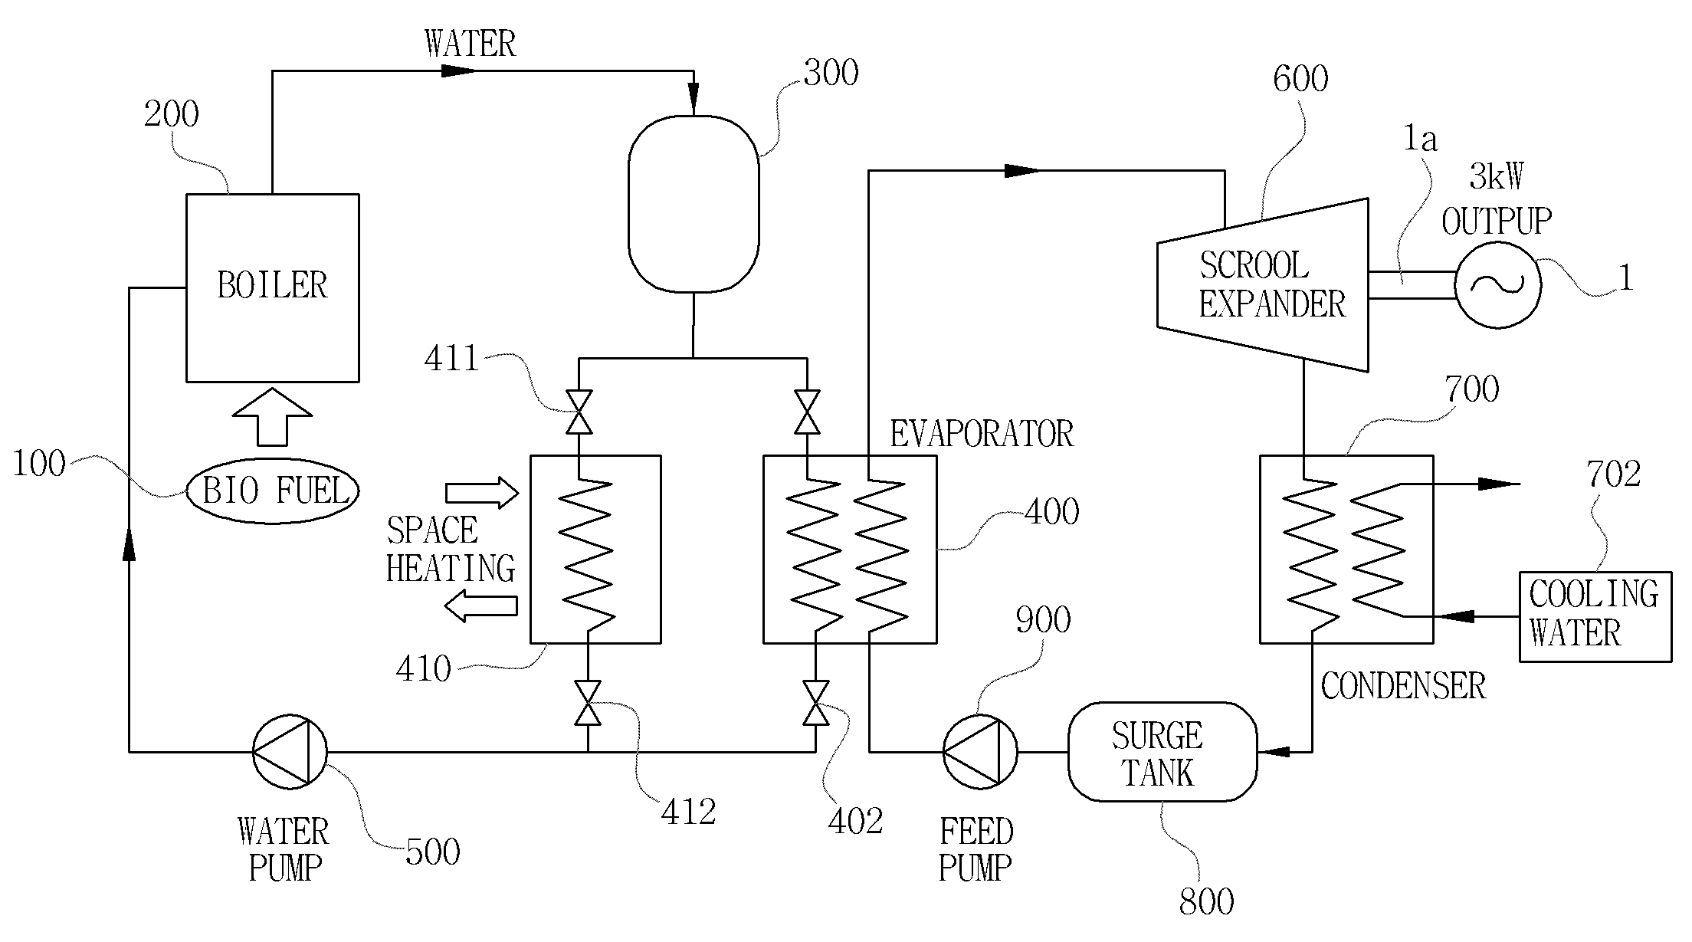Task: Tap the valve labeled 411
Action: (x=579, y=412)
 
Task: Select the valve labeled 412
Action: (x=588, y=703)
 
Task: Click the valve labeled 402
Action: (x=815, y=703)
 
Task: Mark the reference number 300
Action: (x=831, y=73)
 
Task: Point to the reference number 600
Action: (x=1300, y=79)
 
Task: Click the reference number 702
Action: (x=1614, y=474)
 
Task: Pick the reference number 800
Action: (x=1207, y=902)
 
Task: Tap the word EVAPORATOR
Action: (x=982, y=434)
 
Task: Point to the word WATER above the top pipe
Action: (x=471, y=44)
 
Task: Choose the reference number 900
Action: (x=1043, y=619)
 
